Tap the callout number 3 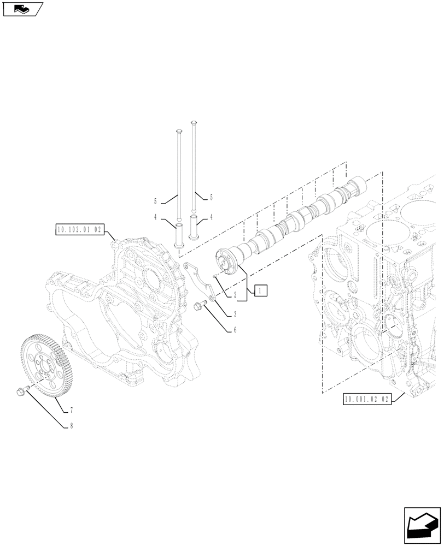[x=235, y=314]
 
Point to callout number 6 [x=235, y=330]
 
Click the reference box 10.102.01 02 [x=79, y=230]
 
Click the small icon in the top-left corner [x=22, y=9]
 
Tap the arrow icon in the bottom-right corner [x=422, y=526]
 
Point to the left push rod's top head [x=178, y=132]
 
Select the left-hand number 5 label [x=155, y=200]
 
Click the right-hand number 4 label [x=211, y=217]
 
